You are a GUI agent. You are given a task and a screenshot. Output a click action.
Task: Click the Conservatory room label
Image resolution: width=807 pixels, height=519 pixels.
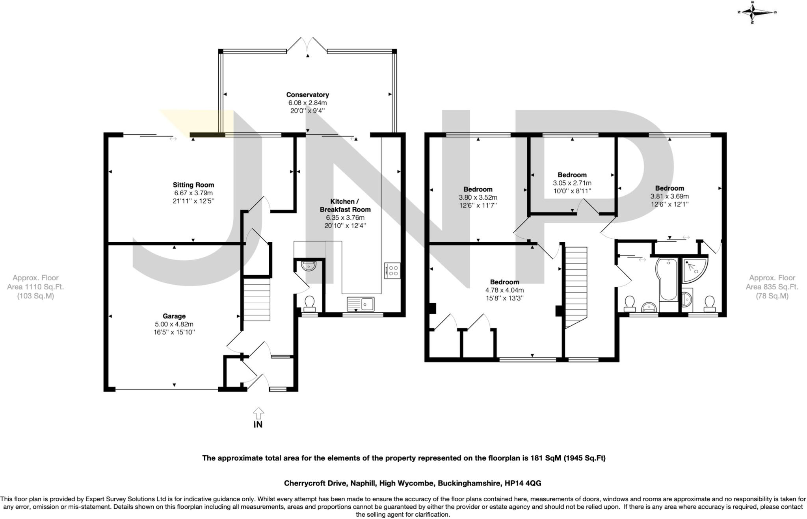(x=307, y=95)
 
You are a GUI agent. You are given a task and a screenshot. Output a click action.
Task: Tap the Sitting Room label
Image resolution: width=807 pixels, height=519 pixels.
(x=193, y=185)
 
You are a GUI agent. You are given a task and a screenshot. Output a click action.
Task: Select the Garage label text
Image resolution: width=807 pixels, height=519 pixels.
(x=174, y=316)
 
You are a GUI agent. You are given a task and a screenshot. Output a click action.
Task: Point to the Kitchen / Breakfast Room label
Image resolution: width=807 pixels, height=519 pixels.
(x=345, y=205)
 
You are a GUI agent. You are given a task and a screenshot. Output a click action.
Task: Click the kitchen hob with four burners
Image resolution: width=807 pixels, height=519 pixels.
(x=392, y=271)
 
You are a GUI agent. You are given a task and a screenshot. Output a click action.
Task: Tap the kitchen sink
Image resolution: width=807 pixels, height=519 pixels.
(x=361, y=304)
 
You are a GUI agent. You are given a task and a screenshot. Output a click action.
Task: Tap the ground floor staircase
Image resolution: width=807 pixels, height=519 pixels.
(x=257, y=299)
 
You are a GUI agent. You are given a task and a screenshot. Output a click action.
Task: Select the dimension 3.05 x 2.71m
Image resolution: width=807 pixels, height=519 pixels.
(x=572, y=183)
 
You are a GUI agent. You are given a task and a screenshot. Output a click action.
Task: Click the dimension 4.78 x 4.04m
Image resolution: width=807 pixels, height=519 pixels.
(x=504, y=290)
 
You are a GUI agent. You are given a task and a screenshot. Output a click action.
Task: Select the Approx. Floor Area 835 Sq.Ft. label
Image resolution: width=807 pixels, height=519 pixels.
(x=772, y=287)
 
